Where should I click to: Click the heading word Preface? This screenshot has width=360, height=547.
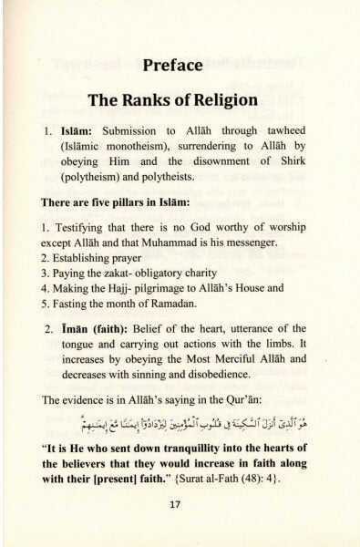180,66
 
